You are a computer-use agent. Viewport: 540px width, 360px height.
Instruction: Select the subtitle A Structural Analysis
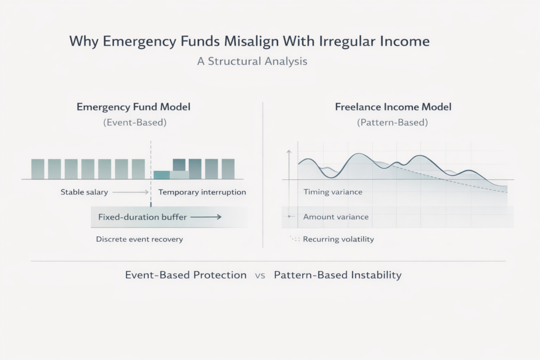click(x=252, y=61)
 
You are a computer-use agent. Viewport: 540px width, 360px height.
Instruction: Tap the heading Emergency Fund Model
click(x=133, y=106)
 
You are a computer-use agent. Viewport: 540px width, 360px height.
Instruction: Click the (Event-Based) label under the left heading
click(x=134, y=122)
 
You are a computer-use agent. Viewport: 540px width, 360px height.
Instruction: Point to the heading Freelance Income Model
click(x=393, y=106)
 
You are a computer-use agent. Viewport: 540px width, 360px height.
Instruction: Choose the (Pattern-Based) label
click(x=392, y=122)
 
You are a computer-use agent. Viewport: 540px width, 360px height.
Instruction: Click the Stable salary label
click(x=84, y=192)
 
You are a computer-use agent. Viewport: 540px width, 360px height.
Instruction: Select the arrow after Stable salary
click(x=131, y=192)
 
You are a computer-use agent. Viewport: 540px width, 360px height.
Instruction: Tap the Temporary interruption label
click(x=202, y=192)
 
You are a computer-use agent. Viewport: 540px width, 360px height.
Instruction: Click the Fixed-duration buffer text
click(x=142, y=217)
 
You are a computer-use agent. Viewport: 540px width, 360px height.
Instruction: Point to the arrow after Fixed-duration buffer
click(x=206, y=217)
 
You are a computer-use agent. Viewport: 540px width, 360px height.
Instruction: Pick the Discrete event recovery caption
click(x=139, y=239)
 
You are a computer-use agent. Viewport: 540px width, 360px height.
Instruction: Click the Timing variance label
click(x=333, y=192)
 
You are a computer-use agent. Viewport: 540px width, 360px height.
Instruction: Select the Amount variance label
click(x=336, y=217)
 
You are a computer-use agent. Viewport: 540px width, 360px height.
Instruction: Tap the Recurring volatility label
click(x=339, y=239)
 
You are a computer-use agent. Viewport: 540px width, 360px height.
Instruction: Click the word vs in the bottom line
click(x=260, y=275)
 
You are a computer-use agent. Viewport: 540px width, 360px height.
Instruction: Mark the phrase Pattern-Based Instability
click(x=338, y=275)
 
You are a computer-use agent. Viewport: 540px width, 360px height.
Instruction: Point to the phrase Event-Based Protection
click(x=186, y=275)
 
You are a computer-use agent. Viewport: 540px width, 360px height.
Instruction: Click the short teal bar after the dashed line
click(x=162, y=175)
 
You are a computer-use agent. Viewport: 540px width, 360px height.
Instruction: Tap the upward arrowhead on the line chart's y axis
click(x=288, y=151)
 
